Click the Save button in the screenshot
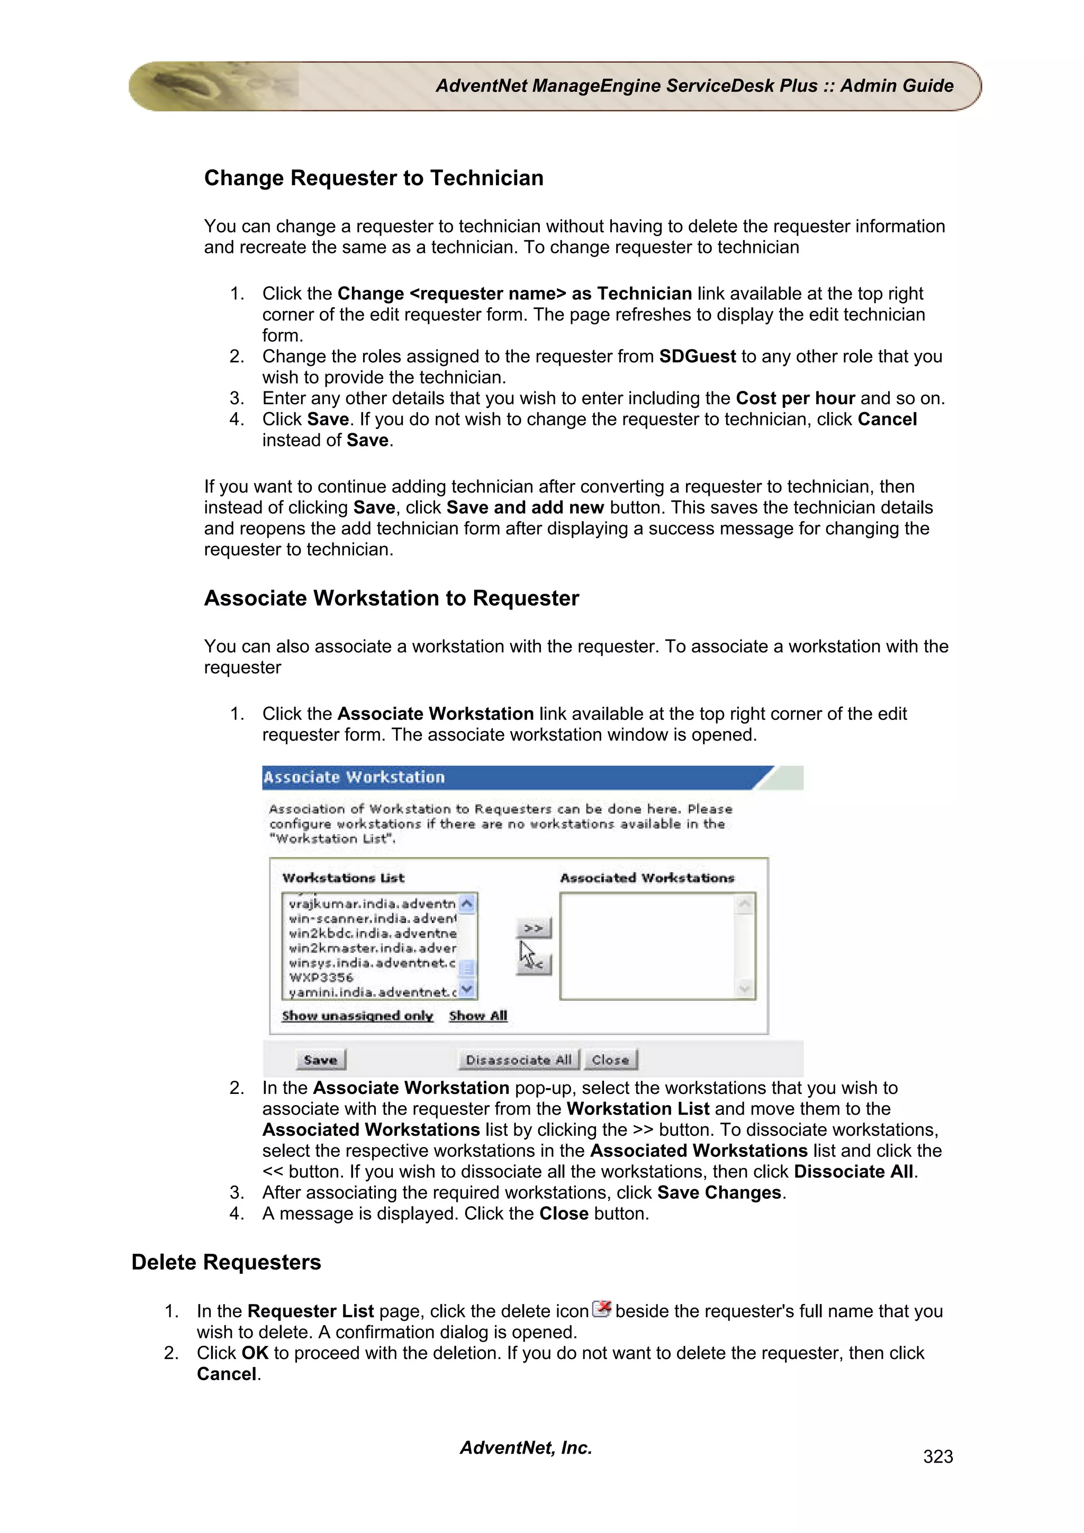pos(321,1060)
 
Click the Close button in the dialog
pos(610,1060)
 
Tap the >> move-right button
pos(534,928)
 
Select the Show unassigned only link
pos(357,1016)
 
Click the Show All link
pos(478,1016)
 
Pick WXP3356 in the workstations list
pos(321,978)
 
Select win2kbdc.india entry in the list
pos(373,934)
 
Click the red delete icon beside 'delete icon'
pos(602,1309)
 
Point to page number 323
pos(938,1456)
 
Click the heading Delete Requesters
pos(227,1262)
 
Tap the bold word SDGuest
pos(697,357)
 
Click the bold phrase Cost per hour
pos(795,399)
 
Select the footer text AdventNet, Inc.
pos(526,1447)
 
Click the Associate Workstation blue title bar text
pos(354,777)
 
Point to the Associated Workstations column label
pos(647,878)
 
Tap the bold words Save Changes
pos(719,1192)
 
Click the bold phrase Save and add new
pos(525,507)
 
